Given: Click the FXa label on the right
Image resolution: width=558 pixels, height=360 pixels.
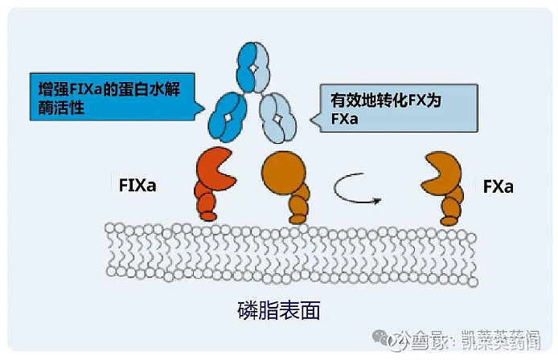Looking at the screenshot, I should (499, 186).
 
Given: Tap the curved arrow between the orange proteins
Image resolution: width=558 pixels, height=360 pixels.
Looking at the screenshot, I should (359, 190).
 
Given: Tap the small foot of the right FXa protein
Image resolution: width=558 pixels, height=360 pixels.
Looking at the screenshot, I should (449, 218).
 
